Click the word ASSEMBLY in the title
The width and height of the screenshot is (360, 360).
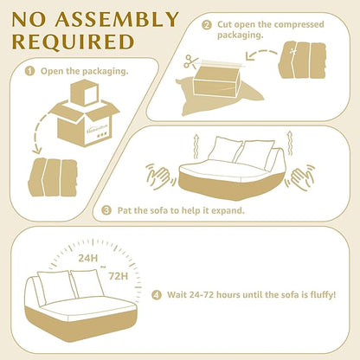117,20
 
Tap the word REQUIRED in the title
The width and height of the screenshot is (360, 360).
73,42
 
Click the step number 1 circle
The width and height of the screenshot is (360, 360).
29,71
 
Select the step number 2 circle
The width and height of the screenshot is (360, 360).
207,25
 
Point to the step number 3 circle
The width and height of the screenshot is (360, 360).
106,210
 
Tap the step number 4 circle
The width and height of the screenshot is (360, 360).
157,295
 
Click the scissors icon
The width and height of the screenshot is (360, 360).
191,61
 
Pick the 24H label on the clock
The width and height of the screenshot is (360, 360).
88,258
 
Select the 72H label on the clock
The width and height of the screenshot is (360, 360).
119,276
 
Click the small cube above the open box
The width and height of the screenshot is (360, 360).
84,93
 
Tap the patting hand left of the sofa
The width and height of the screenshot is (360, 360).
159,177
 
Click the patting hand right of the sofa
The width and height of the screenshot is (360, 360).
299,177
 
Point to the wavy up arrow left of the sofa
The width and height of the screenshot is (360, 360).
196,146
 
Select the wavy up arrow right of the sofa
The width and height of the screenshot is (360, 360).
290,144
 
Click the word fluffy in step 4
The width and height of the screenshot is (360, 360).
323,295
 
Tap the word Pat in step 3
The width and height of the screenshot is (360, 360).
125,210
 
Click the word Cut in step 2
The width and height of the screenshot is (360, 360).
224,24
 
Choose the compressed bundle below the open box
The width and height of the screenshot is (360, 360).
53,177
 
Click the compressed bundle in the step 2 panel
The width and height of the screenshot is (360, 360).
302,60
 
